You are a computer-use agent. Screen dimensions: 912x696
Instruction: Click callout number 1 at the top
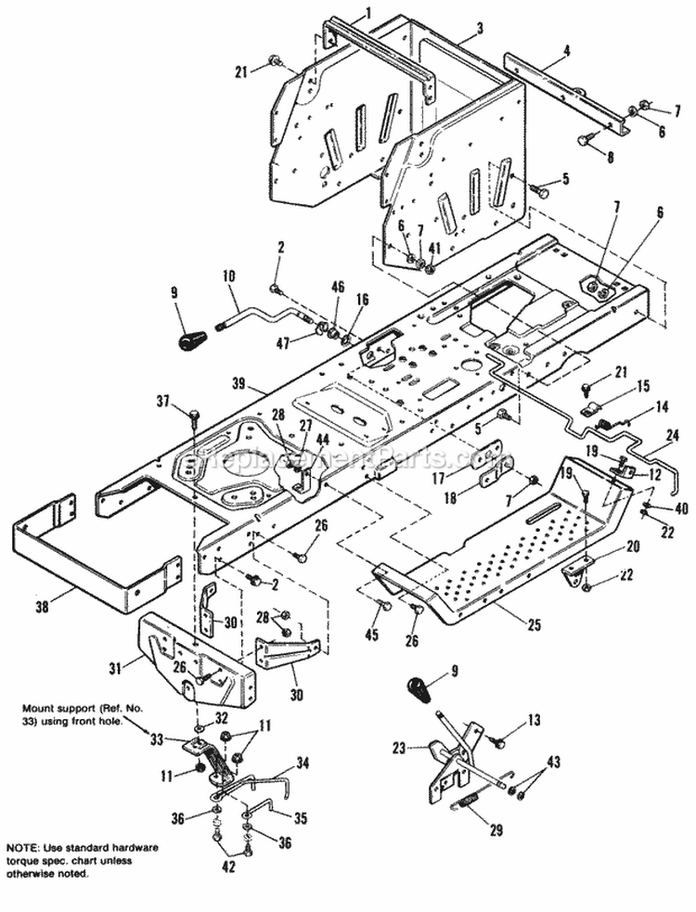pyautogui.click(x=342, y=13)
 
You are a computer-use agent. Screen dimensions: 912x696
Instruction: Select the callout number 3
pyautogui.click(x=480, y=30)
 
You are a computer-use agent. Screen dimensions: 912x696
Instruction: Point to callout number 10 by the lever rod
pyautogui.click(x=228, y=276)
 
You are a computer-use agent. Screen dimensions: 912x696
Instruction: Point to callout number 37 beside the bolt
pyautogui.click(x=163, y=401)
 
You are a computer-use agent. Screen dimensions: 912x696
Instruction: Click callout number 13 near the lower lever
pyautogui.click(x=533, y=719)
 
